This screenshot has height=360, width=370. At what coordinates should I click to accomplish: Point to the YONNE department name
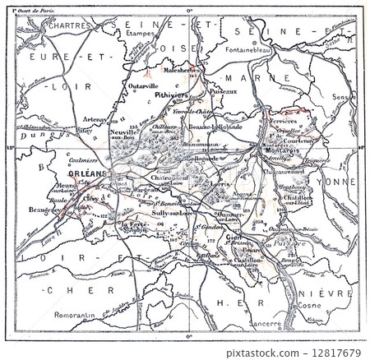[339, 182]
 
